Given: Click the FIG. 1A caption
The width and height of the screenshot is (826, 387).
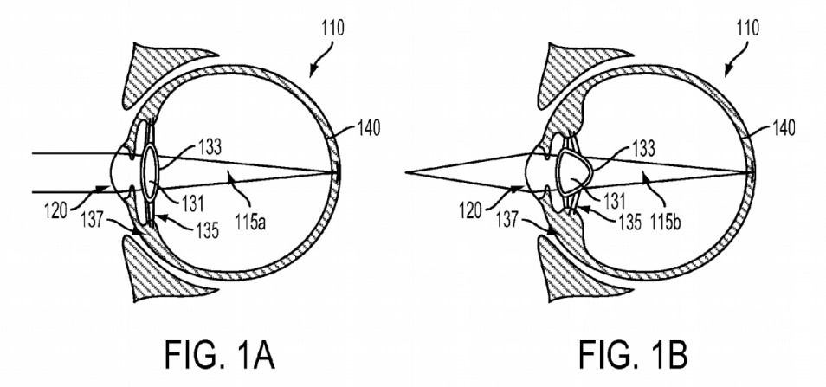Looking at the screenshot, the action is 219,354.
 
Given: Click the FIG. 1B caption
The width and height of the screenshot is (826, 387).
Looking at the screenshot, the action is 634,354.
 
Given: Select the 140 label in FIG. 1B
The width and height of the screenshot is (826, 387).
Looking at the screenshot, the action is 781,127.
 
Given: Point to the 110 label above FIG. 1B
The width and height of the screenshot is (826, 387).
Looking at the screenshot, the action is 746,28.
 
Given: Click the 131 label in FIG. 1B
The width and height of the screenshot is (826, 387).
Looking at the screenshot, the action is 613,201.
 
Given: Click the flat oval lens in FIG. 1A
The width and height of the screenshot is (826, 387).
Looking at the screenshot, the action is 150,173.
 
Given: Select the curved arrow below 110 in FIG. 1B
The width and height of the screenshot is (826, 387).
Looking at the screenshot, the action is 735,58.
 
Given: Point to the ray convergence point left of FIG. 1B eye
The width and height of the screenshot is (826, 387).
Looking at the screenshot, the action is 406,172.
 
